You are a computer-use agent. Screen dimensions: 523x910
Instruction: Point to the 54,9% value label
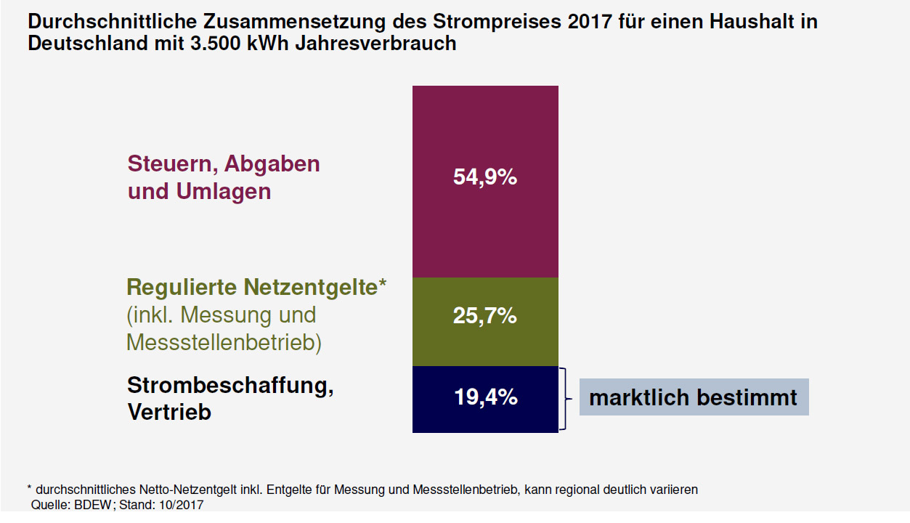(x=485, y=177)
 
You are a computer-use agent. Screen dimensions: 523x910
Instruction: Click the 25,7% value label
(x=485, y=316)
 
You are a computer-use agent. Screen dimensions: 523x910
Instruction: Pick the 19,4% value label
(x=485, y=397)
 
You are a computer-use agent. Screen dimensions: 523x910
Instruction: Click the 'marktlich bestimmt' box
(x=694, y=397)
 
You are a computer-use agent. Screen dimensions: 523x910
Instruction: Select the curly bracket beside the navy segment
(x=564, y=399)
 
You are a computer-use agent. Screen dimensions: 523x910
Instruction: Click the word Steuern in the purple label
(x=171, y=163)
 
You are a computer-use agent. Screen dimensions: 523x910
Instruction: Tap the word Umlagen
(x=224, y=192)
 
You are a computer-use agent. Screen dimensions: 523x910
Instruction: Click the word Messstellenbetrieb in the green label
(x=224, y=342)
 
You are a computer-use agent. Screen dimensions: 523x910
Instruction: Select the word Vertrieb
(x=169, y=412)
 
